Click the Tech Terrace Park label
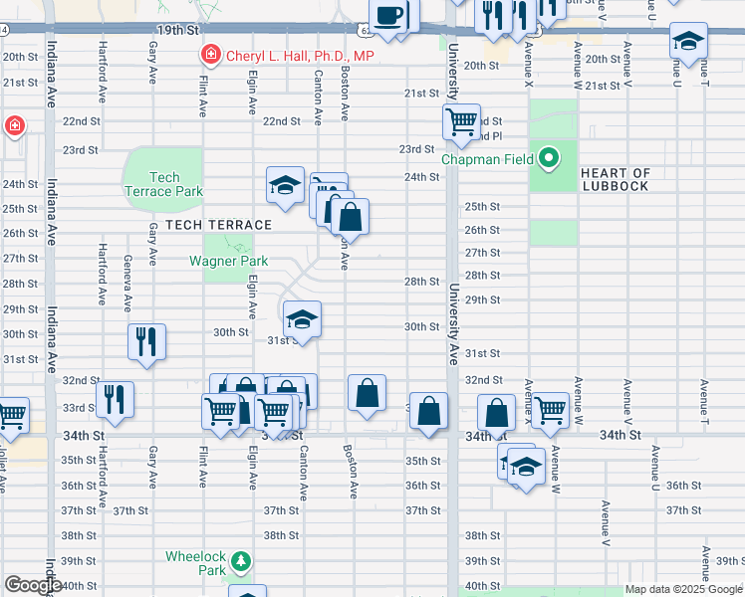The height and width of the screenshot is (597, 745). coord(163,184)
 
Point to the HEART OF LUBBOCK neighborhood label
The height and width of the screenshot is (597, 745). coord(615,180)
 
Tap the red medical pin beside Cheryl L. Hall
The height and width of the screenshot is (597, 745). coord(211,55)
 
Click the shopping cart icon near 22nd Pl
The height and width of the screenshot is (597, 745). coord(461,122)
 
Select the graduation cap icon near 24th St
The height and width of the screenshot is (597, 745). coord(285,185)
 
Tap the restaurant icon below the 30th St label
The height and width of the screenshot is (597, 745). coord(146,341)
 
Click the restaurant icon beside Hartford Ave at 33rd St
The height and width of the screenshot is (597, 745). coord(116,399)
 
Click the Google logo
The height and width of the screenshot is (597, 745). coord(33,585)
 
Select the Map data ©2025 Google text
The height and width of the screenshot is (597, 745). coord(682,589)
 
